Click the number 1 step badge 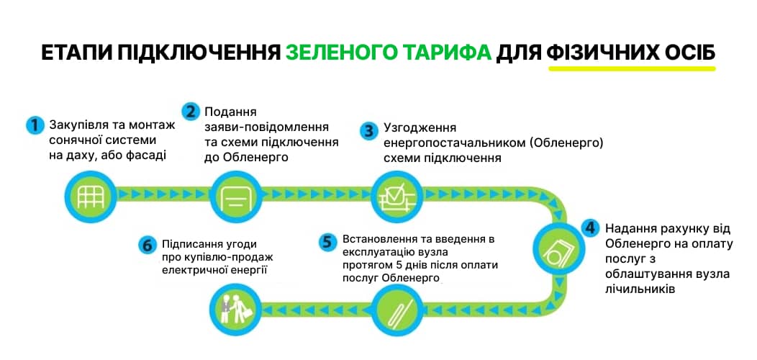click(35, 125)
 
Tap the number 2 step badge click(191, 112)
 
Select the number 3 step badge click(369, 130)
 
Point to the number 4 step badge click(589, 228)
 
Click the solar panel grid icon click(91, 197)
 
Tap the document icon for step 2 click(235, 197)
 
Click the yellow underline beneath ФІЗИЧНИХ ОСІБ click(632, 68)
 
